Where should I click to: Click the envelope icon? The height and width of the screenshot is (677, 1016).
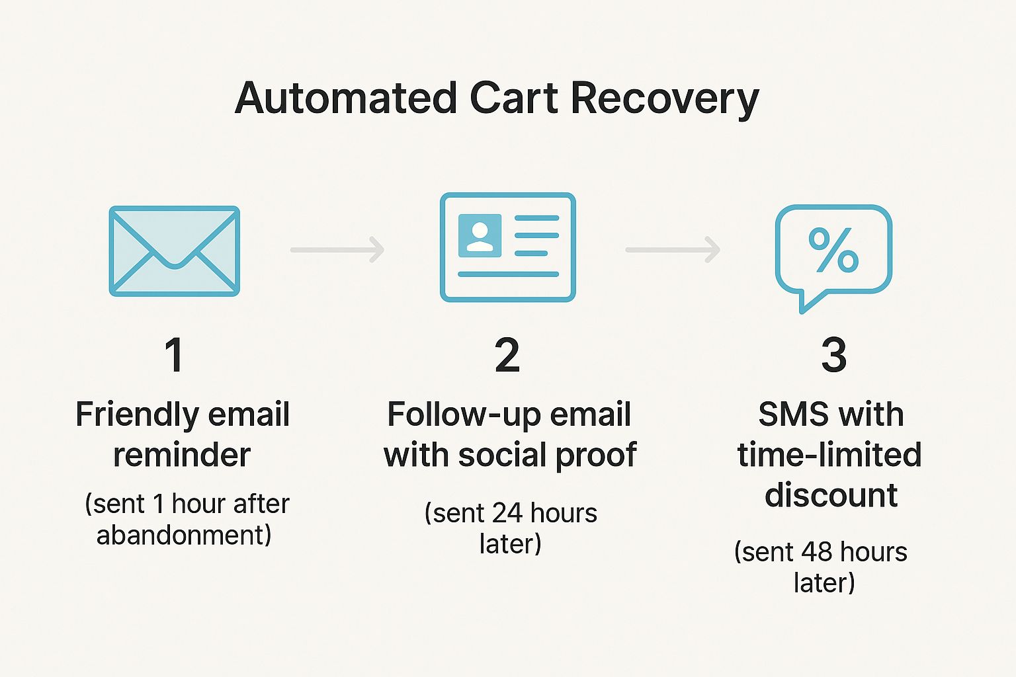pyautogui.click(x=174, y=251)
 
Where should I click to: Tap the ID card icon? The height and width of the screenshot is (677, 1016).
pyautogui.click(x=507, y=247)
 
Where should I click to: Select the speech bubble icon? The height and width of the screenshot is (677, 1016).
pyautogui.click(x=833, y=259)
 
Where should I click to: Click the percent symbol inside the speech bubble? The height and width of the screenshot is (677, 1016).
pyautogui.click(x=833, y=250)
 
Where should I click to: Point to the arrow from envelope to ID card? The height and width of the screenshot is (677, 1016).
pyautogui.click(x=337, y=249)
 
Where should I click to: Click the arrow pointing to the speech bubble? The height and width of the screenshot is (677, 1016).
pyautogui.click(x=673, y=249)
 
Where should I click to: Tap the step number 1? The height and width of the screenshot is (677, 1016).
pyautogui.click(x=174, y=354)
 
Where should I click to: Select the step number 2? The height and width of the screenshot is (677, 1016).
pyautogui.click(x=507, y=354)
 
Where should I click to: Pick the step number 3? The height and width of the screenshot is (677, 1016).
pyautogui.click(x=833, y=354)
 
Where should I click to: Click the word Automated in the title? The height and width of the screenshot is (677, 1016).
pyautogui.click(x=346, y=99)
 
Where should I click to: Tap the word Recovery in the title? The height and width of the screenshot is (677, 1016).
pyautogui.click(x=665, y=100)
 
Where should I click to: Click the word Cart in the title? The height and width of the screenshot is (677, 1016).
pyautogui.click(x=514, y=99)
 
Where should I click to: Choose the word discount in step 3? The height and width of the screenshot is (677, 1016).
pyautogui.click(x=831, y=495)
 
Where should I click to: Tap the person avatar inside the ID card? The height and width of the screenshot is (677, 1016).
pyautogui.click(x=480, y=236)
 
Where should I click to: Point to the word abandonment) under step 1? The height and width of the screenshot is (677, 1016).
pyautogui.click(x=184, y=535)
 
